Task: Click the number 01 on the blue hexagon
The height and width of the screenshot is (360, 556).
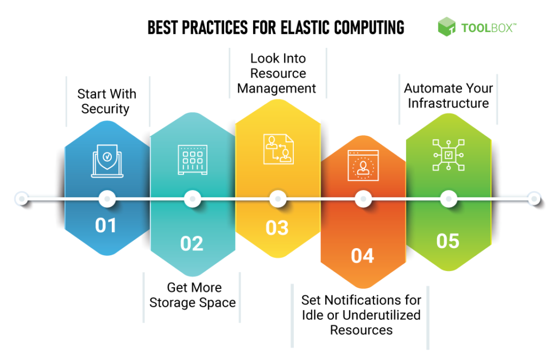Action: click(x=106, y=225)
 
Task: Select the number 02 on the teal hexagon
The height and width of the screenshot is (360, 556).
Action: click(x=192, y=243)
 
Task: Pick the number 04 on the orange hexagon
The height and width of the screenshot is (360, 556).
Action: click(x=362, y=256)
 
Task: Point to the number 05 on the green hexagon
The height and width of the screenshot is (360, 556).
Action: click(x=448, y=241)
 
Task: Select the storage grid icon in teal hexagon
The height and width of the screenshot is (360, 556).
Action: click(x=192, y=160)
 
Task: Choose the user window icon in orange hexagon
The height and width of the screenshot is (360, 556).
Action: click(x=362, y=165)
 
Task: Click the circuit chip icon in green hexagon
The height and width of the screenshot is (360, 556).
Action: click(x=448, y=155)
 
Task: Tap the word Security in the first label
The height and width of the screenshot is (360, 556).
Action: click(x=105, y=109)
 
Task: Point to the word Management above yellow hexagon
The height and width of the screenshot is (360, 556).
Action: click(x=277, y=88)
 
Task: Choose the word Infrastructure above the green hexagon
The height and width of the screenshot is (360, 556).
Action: click(x=448, y=103)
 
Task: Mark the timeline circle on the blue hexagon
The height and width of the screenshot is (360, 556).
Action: click(x=107, y=199)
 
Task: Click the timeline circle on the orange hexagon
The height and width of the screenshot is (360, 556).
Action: click(x=363, y=199)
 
